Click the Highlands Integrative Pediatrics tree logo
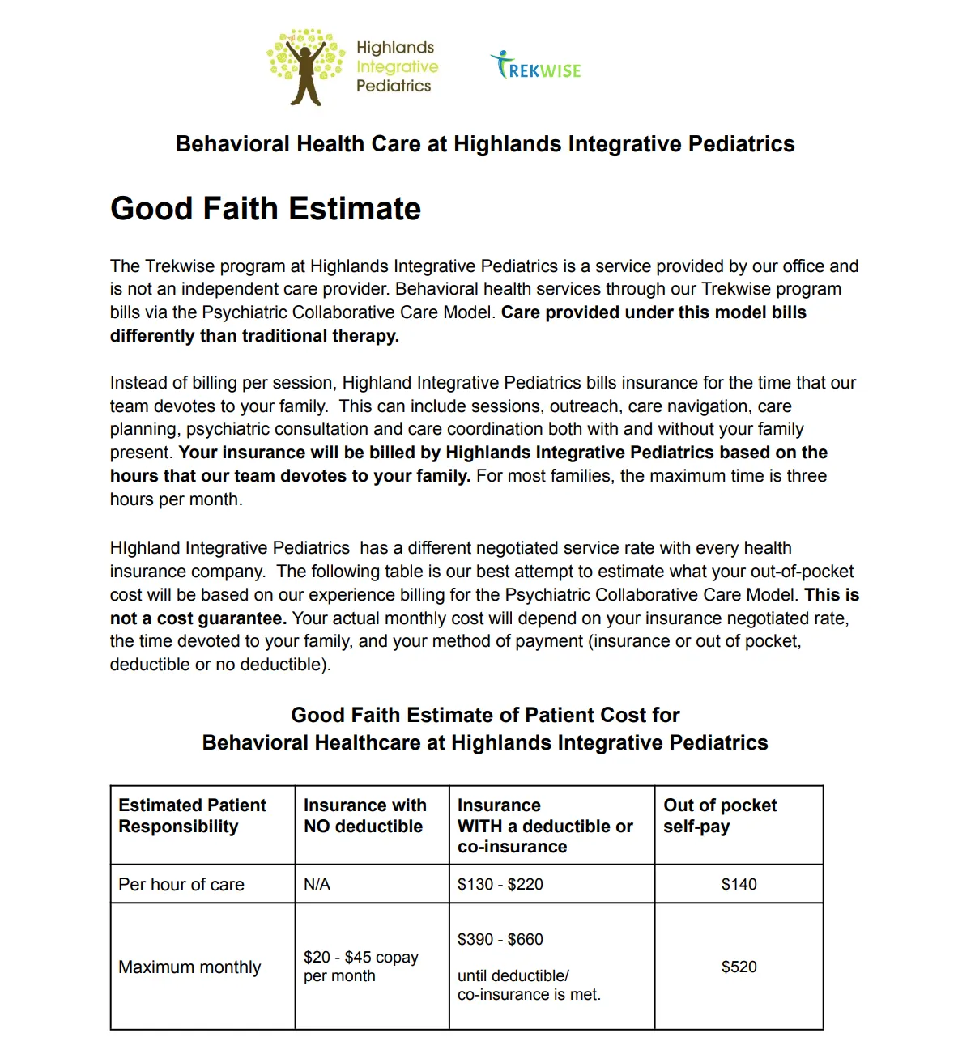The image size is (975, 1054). pyautogui.click(x=305, y=67)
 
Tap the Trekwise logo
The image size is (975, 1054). pyautogui.click(x=536, y=66)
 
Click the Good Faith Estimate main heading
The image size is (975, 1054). pyautogui.click(x=266, y=209)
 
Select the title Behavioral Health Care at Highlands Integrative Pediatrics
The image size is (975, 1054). pyautogui.click(x=485, y=144)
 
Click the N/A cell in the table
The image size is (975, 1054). pyautogui.click(x=317, y=885)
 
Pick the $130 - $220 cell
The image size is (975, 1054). pyautogui.click(x=500, y=885)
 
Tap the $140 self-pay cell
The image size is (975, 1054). pyautogui.click(x=739, y=885)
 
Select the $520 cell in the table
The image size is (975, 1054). pyautogui.click(x=739, y=967)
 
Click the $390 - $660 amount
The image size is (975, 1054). pyautogui.click(x=500, y=940)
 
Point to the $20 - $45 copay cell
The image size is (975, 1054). pyautogui.click(x=361, y=967)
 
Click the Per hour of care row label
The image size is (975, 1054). pyautogui.click(x=181, y=885)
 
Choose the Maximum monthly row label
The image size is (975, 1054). pyautogui.click(x=189, y=967)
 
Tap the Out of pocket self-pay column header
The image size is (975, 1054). pyautogui.click(x=720, y=816)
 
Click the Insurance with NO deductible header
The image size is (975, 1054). pyautogui.click(x=364, y=816)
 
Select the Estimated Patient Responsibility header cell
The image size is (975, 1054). pyautogui.click(x=192, y=816)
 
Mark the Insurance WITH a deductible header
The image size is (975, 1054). pyautogui.click(x=545, y=826)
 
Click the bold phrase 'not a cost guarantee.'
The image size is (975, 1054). pyautogui.click(x=198, y=618)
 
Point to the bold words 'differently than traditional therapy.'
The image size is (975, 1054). pyautogui.click(x=254, y=336)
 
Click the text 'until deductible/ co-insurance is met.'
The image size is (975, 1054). pyautogui.click(x=529, y=985)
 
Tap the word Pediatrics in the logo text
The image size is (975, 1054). pyautogui.click(x=394, y=86)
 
